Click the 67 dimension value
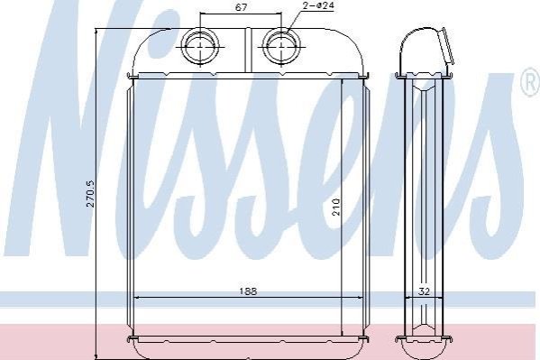coord(241,7)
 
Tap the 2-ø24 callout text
coord(319,5)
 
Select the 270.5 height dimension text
coord(90,193)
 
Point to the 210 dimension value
coord(336,207)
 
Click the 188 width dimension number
coord(248,291)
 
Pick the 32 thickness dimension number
coord(424,291)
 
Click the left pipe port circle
coord(200,46)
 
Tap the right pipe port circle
coord(281,46)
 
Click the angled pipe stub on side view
coord(446,47)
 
